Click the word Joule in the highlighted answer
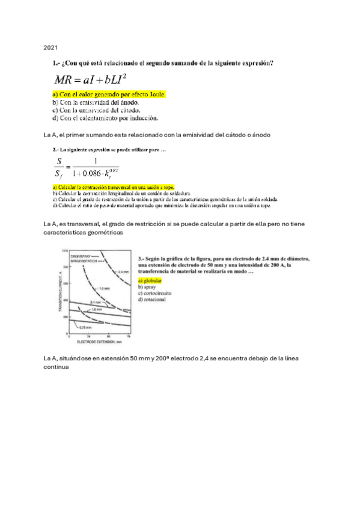pyautogui.click(x=153, y=94)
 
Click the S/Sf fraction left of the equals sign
pyautogui.click(x=58, y=167)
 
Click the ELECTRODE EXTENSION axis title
pyautogui.click(x=99, y=340)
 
